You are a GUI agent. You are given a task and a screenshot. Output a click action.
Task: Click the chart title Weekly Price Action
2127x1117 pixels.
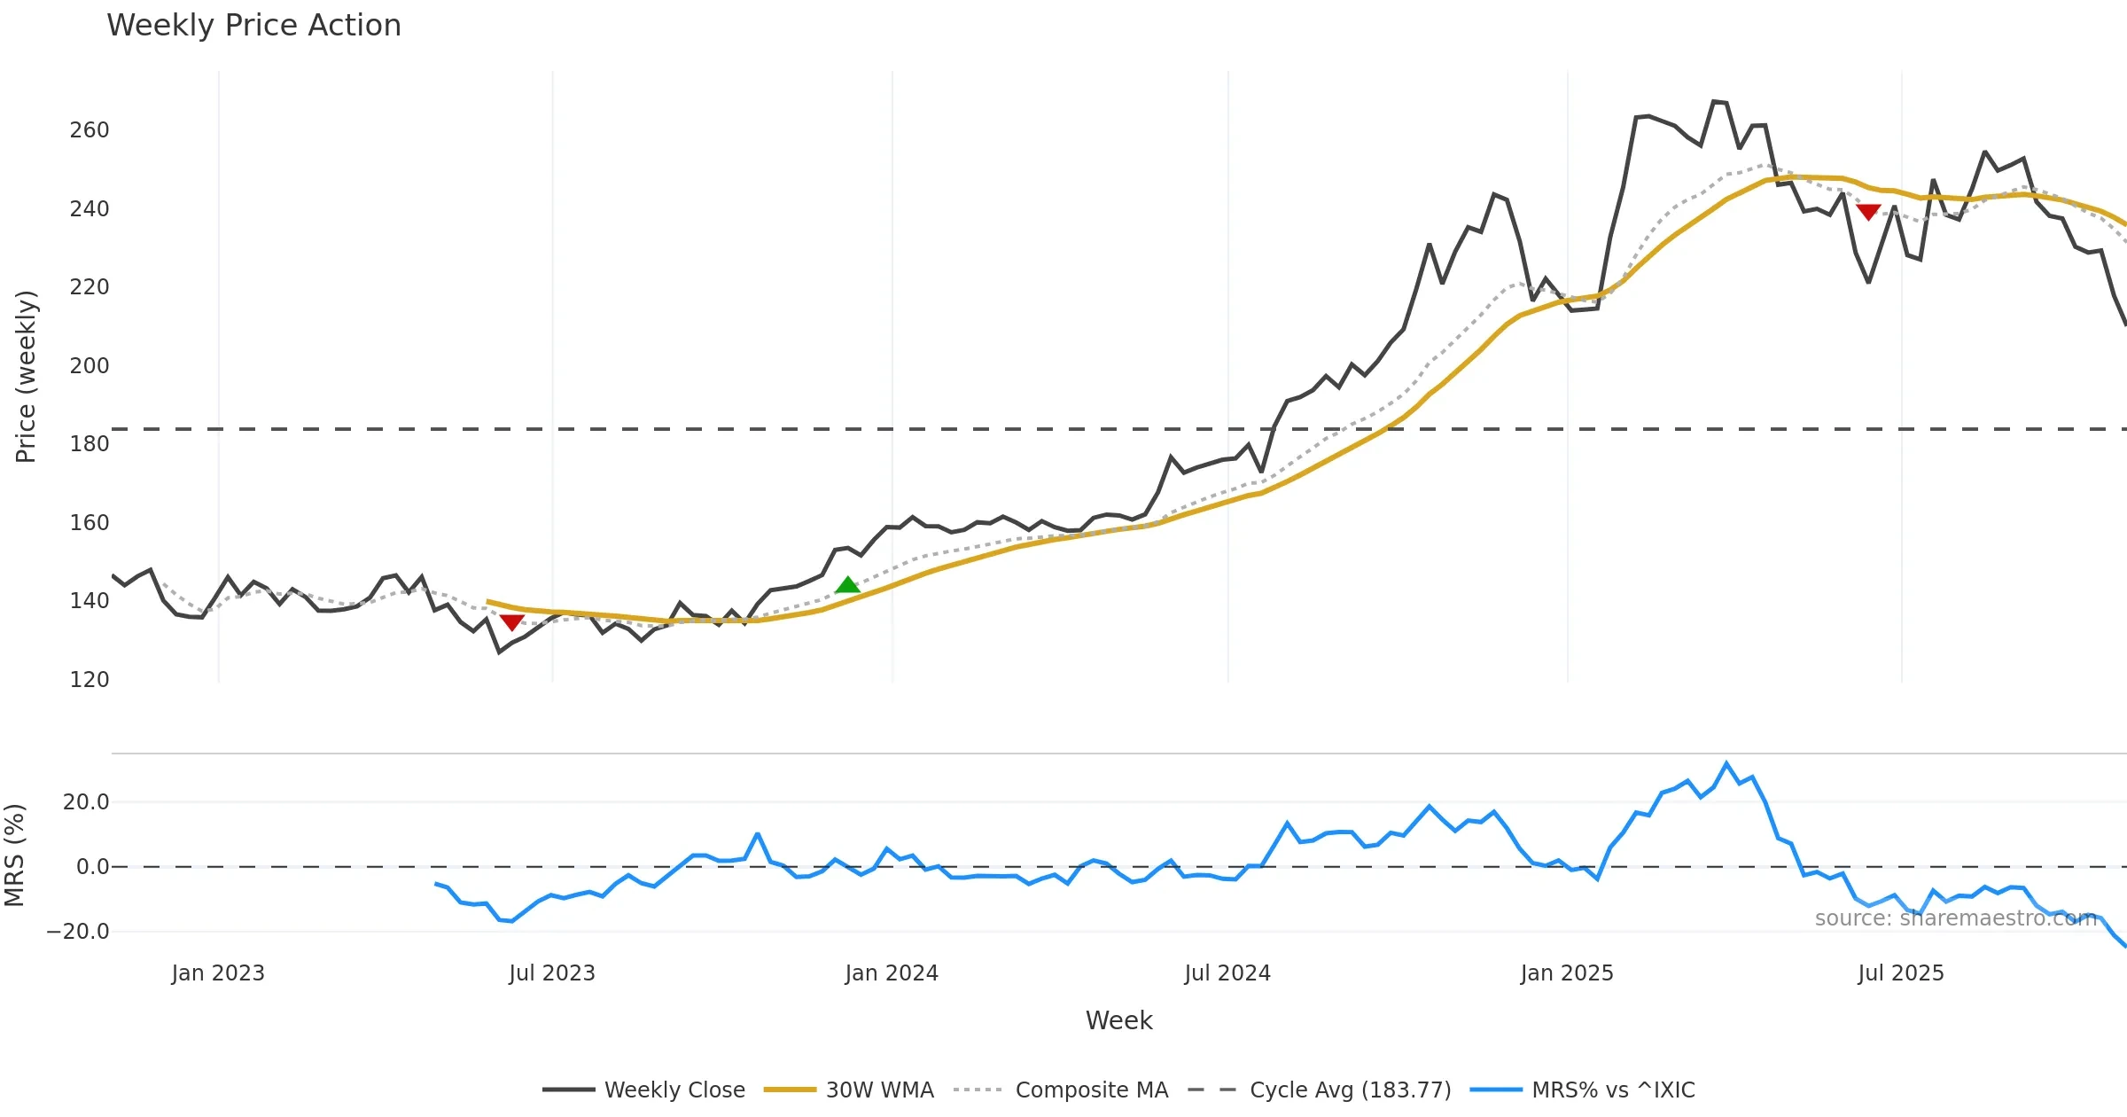click(253, 26)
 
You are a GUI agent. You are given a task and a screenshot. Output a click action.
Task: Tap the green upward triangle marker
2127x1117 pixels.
click(847, 585)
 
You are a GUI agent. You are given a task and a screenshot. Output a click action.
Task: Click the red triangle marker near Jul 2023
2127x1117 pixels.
click(511, 622)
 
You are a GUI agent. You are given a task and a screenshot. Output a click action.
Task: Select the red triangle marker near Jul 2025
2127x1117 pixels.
click(1868, 212)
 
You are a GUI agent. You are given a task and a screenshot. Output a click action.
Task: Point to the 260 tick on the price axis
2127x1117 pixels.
click(90, 130)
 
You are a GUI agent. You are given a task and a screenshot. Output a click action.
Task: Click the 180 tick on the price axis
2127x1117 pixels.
click(90, 444)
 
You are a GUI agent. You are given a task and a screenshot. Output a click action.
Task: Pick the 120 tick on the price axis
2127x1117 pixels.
click(90, 680)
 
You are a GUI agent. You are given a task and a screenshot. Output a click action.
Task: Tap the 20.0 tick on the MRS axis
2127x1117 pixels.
click(86, 802)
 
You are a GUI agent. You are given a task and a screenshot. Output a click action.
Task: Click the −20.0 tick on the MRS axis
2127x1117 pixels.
click(78, 932)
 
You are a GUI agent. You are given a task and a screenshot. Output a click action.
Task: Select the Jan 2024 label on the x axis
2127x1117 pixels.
click(892, 973)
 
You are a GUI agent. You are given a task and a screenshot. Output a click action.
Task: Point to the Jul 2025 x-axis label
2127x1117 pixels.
click(1901, 973)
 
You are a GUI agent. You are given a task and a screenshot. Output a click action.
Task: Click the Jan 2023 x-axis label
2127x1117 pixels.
click(218, 973)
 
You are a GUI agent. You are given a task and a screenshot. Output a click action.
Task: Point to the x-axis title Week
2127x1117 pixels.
click(1118, 1021)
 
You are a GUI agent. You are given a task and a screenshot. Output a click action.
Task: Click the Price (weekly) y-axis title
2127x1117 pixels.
click(26, 377)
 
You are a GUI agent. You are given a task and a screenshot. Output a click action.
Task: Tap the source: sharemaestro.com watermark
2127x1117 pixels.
click(1956, 918)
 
